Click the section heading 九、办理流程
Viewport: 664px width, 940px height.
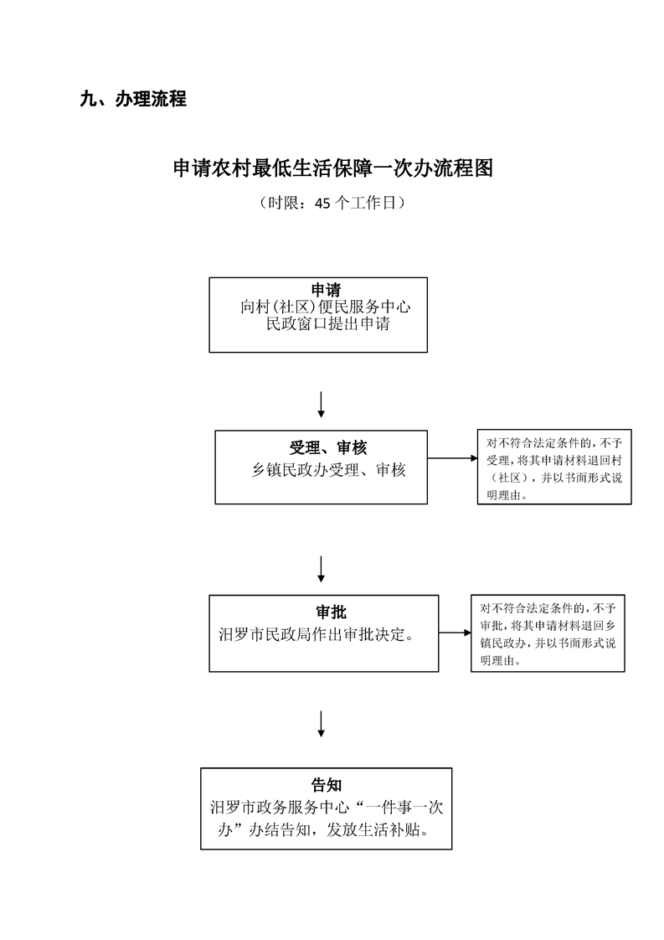[x=133, y=100]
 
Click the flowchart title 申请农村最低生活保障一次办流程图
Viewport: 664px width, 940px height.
[x=332, y=168]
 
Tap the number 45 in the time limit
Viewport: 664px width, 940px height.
[x=322, y=203]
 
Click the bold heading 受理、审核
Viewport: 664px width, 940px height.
[x=328, y=448]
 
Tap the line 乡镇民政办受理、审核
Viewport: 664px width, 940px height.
[x=328, y=470]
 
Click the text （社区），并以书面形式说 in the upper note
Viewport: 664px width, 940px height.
[x=549, y=478]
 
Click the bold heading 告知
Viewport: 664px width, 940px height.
[x=326, y=785]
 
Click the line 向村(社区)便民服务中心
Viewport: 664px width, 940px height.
[x=326, y=307]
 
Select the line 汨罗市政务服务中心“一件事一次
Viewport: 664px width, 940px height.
[x=326, y=808]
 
